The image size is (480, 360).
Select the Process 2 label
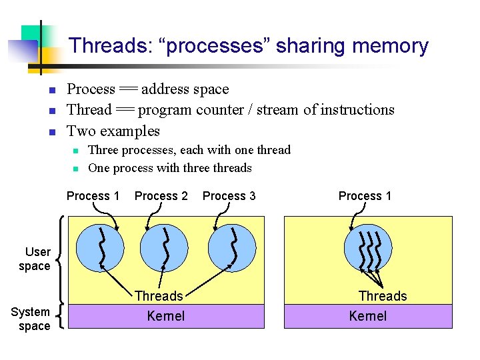(x=161, y=195)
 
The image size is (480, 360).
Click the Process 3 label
(x=229, y=195)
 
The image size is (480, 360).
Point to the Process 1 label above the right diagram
(x=365, y=195)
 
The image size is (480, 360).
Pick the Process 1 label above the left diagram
(x=93, y=195)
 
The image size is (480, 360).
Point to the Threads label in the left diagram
(x=159, y=296)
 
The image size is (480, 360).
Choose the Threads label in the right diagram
(x=382, y=296)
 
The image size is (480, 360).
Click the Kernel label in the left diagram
(x=166, y=315)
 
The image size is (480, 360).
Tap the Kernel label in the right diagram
(x=368, y=315)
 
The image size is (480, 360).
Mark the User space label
(x=38, y=259)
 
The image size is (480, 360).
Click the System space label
(x=31, y=319)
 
